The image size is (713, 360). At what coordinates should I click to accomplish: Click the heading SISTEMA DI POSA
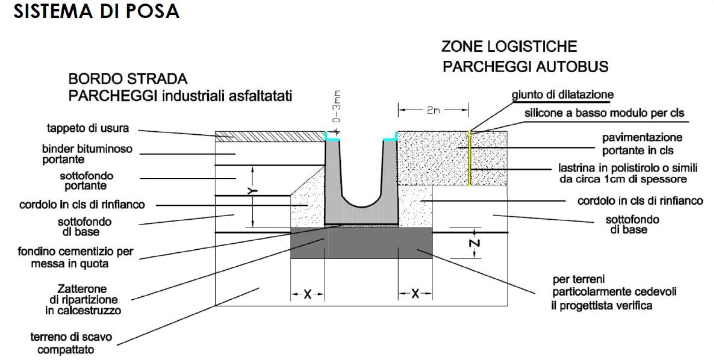96,11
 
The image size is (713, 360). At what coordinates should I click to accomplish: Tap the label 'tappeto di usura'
88,128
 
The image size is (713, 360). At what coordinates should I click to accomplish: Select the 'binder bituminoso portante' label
87,154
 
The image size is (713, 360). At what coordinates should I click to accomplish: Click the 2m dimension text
432,110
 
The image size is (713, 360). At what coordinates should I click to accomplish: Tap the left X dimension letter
307,294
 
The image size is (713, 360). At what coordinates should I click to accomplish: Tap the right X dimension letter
415,294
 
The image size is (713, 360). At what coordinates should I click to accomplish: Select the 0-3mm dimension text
337,107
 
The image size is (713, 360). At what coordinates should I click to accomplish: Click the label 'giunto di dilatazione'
562,95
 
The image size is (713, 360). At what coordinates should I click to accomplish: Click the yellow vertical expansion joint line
470,158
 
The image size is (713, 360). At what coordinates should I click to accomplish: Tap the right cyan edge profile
390,138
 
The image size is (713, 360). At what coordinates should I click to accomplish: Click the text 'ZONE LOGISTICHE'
509,46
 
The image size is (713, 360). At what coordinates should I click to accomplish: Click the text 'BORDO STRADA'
128,79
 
